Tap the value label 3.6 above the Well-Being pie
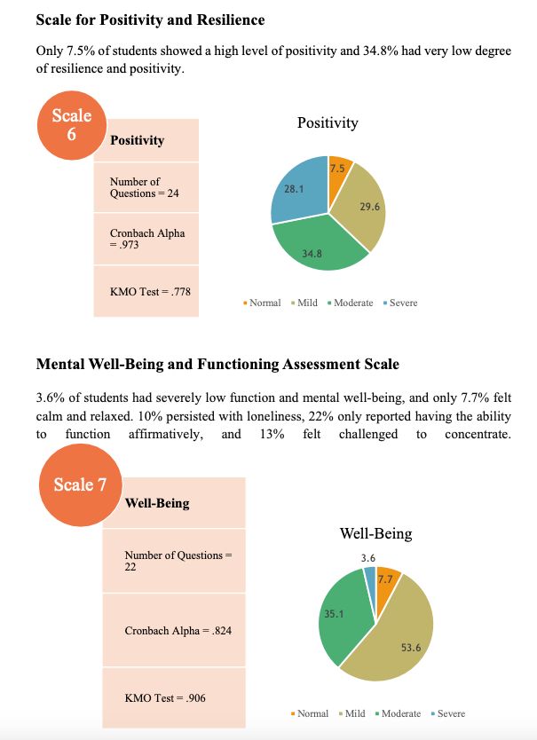point(368,557)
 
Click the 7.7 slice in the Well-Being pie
point(386,580)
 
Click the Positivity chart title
point(328,122)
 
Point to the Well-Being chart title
point(375,533)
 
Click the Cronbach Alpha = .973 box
point(146,239)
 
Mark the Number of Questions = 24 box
point(146,187)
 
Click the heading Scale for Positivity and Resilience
point(150,20)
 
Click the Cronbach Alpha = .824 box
point(173,630)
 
